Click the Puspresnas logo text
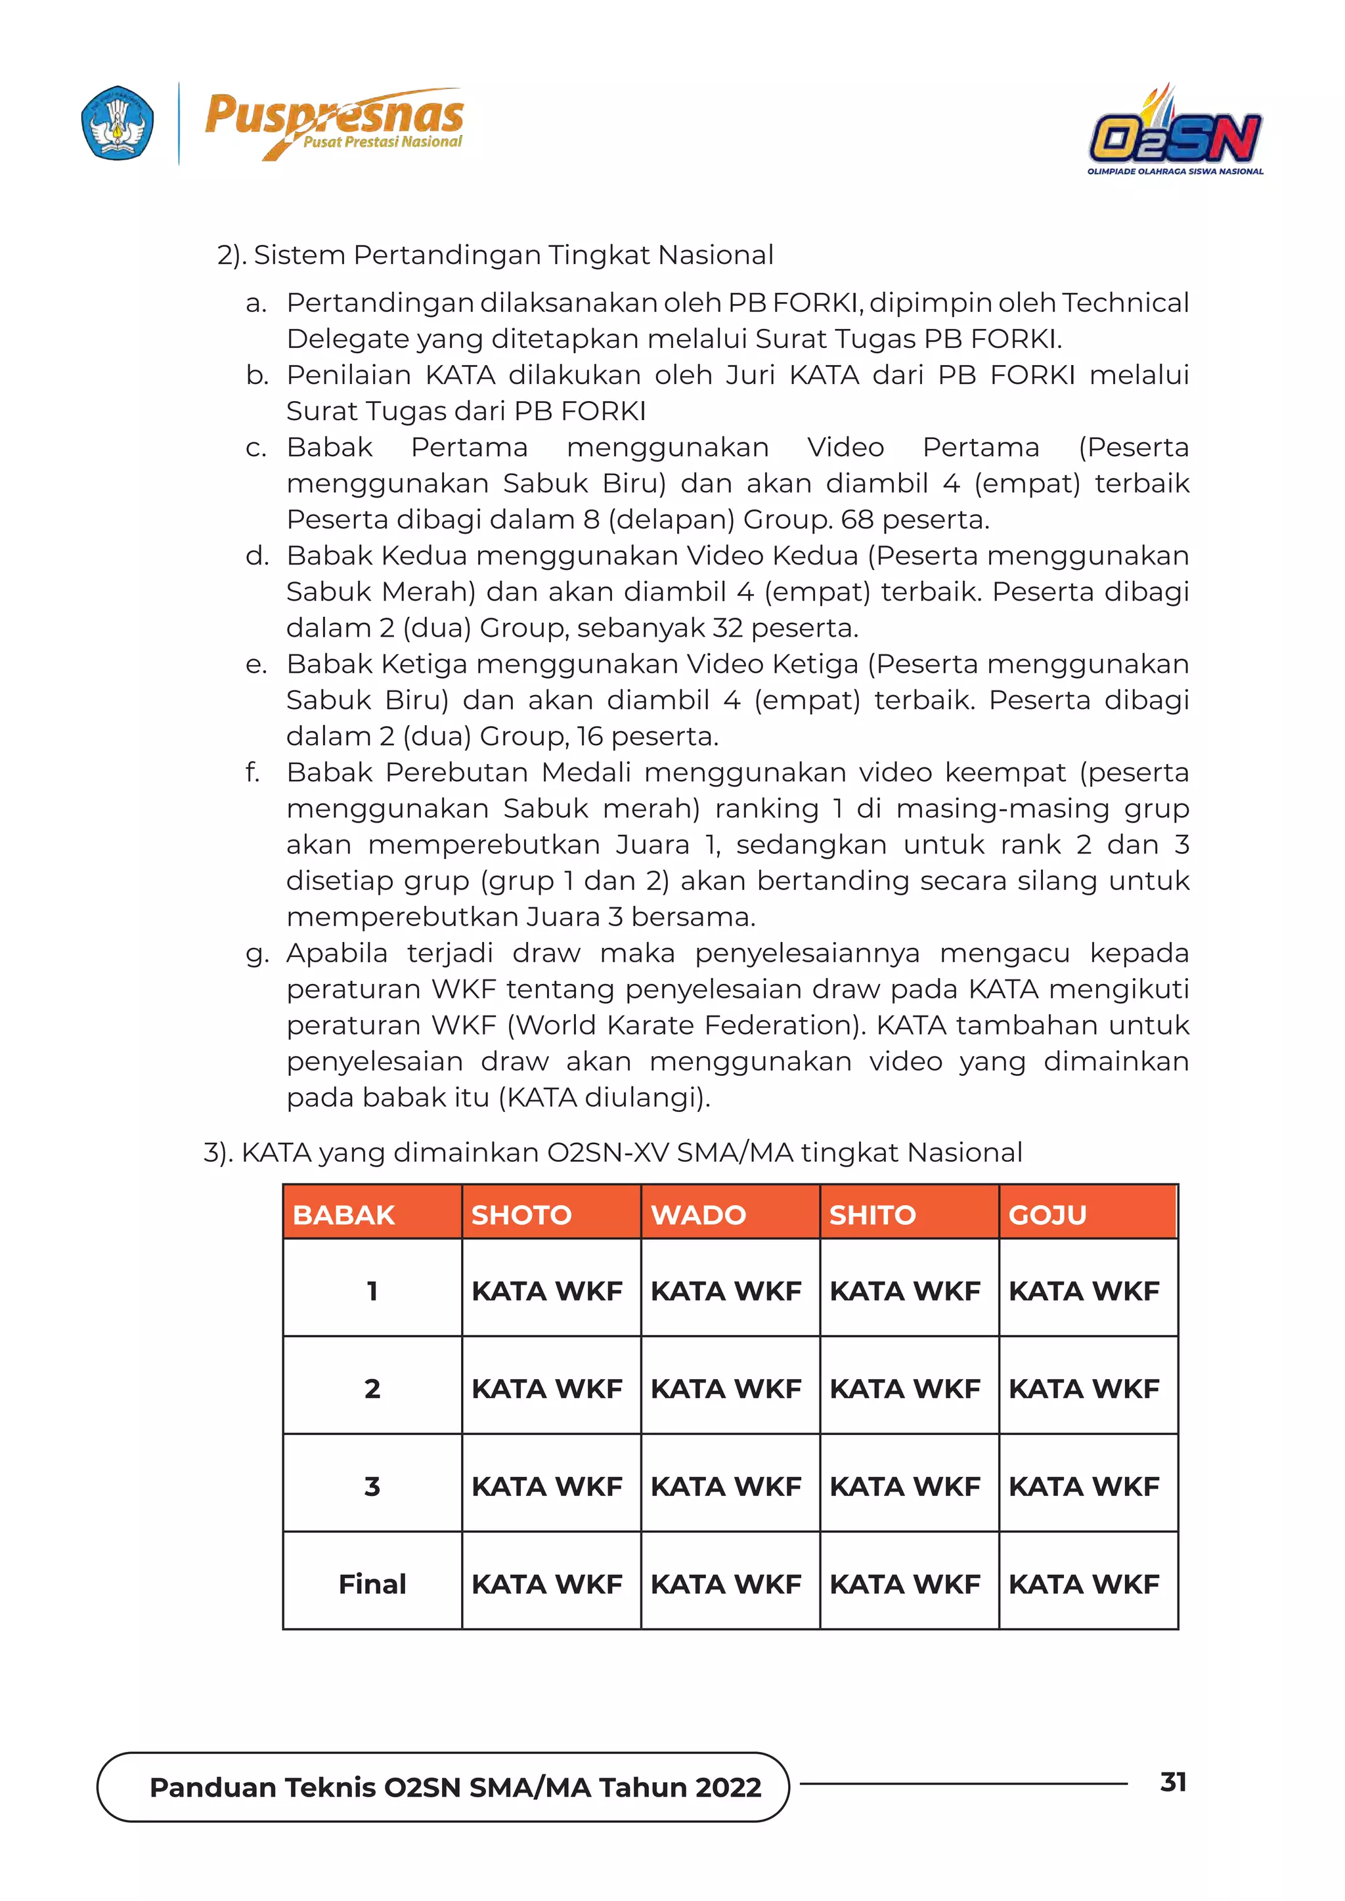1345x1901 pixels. point(334,116)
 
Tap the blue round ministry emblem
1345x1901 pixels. point(118,123)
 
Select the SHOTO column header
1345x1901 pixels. point(521,1214)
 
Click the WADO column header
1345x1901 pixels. point(698,1214)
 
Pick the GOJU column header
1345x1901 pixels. point(1047,1214)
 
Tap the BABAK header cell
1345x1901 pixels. point(343,1214)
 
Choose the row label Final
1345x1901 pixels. point(372,1584)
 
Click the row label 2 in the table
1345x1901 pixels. point(372,1388)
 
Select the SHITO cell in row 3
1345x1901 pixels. point(904,1486)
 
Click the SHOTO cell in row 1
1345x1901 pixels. point(546,1291)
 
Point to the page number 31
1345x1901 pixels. point(1173,1782)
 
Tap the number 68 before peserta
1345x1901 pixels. point(856,520)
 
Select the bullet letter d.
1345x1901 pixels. point(257,555)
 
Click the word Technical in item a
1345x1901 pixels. point(1125,303)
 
